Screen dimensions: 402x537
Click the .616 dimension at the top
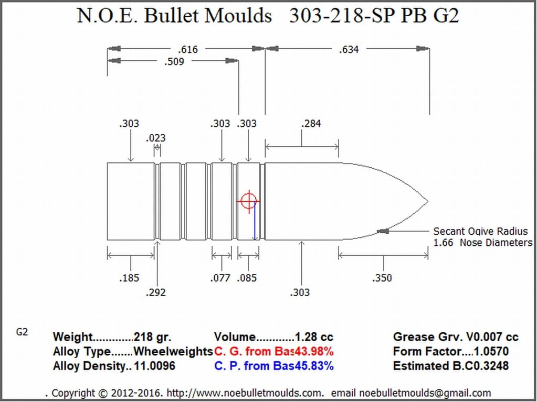click(x=188, y=49)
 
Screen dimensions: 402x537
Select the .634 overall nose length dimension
click(x=349, y=49)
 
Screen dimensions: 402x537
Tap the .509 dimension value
click(x=174, y=62)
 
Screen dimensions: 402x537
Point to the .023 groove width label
click(x=156, y=138)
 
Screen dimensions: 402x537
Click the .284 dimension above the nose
click(x=311, y=124)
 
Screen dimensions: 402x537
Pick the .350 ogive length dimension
click(x=382, y=278)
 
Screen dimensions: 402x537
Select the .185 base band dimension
click(x=130, y=278)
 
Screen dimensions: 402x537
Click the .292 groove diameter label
click(x=156, y=292)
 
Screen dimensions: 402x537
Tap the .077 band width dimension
click(x=220, y=278)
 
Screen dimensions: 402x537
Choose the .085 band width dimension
click(x=247, y=278)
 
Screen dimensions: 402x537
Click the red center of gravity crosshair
click(x=248, y=201)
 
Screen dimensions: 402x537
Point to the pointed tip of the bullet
click(x=427, y=201)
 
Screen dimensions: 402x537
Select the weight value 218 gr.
click(x=152, y=337)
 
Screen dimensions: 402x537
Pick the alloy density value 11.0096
click(x=154, y=366)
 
